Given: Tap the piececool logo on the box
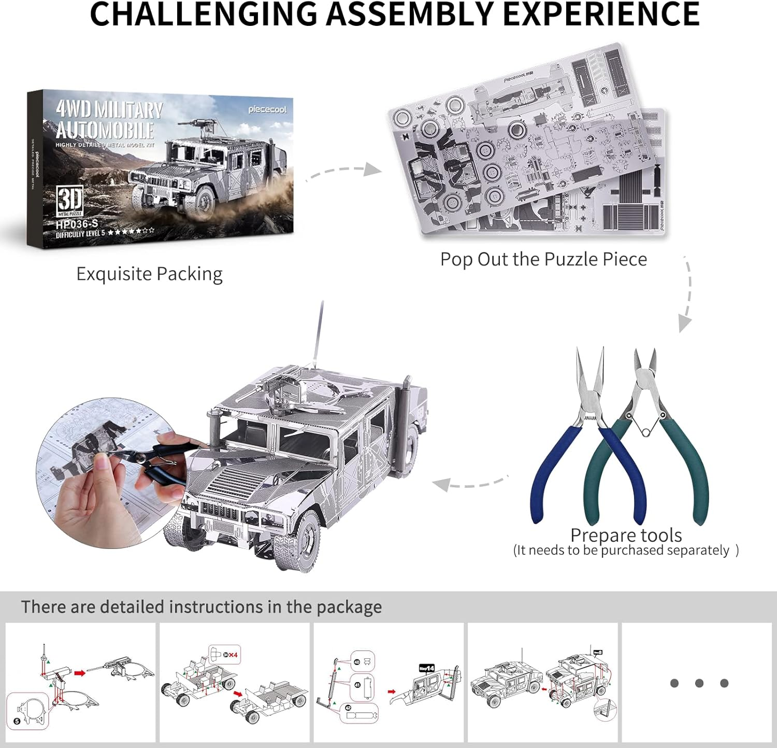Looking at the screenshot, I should (x=267, y=109).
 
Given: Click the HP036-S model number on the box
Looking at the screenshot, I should (x=77, y=224).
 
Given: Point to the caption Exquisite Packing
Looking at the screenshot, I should (x=149, y=274).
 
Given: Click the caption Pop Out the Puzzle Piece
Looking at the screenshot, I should (x=543, y=259).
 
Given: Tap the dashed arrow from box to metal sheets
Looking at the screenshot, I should (x=344, y=172).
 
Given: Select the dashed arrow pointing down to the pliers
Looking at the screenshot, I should (x=686, y=295).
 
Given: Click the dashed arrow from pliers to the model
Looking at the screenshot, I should (x=469, y=484).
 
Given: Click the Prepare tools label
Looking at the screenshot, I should (x=626, y=535).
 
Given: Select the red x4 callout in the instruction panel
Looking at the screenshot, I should (x=231, y=655).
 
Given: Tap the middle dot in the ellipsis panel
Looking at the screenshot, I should (x=699, y=683).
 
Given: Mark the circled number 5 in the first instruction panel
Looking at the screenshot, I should (x=17, y=721).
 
